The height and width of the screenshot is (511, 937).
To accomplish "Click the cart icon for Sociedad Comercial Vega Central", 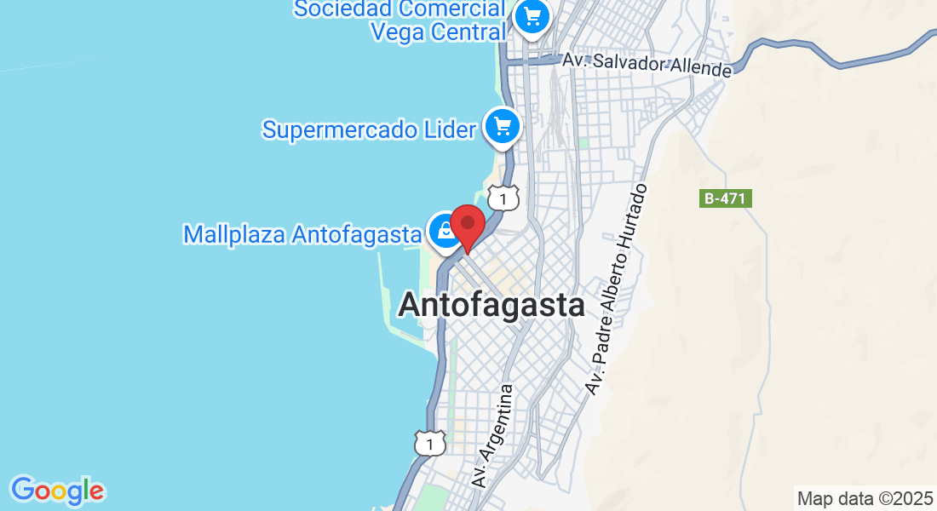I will [533, 16].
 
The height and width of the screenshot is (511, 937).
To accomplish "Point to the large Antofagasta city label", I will [491, 305].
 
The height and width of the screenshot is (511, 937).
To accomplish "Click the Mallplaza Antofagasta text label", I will [302, 234].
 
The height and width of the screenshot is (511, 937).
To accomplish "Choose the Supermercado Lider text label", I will [368, 130].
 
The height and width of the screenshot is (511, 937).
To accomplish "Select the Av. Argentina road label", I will [495, 435].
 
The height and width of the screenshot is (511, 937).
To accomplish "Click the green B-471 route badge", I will [726, 199].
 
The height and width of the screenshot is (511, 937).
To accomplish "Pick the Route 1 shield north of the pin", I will [504, 199].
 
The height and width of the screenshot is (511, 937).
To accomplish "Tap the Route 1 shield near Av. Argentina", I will [430, 443].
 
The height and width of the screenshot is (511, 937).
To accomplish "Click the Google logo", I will [57, 490].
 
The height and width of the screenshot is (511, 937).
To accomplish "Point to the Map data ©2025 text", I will [865, 498].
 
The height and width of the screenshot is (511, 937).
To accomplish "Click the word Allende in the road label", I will [702, 68].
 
